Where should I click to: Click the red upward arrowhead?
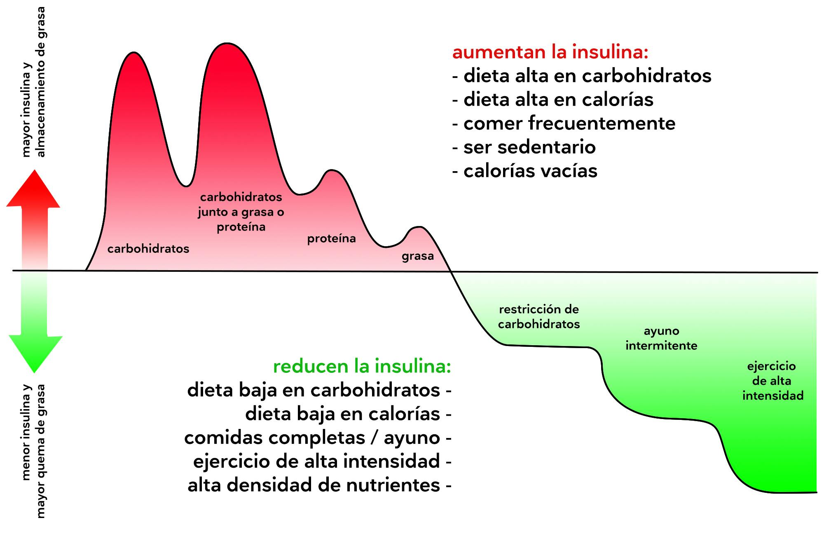click(33, 192)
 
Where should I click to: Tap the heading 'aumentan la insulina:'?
click(550, 52)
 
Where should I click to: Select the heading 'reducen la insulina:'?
click(362, 366)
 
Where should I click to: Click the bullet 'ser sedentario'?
click(529, 147)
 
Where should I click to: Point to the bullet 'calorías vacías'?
click(530, 171)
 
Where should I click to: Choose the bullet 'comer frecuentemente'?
click(569, 123)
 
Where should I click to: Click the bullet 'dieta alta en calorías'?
click(558, 100)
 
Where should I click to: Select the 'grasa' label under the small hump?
click(418, 256)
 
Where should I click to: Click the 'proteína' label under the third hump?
click(331, 238)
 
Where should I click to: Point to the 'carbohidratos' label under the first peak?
click(148, 249)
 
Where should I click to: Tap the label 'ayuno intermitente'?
click(661, 338)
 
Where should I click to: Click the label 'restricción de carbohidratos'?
click(539, 317)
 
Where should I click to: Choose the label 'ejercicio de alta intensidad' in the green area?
click(772, 381)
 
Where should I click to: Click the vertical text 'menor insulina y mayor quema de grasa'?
click(33, 452)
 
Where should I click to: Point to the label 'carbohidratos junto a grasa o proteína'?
click(241, 212)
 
